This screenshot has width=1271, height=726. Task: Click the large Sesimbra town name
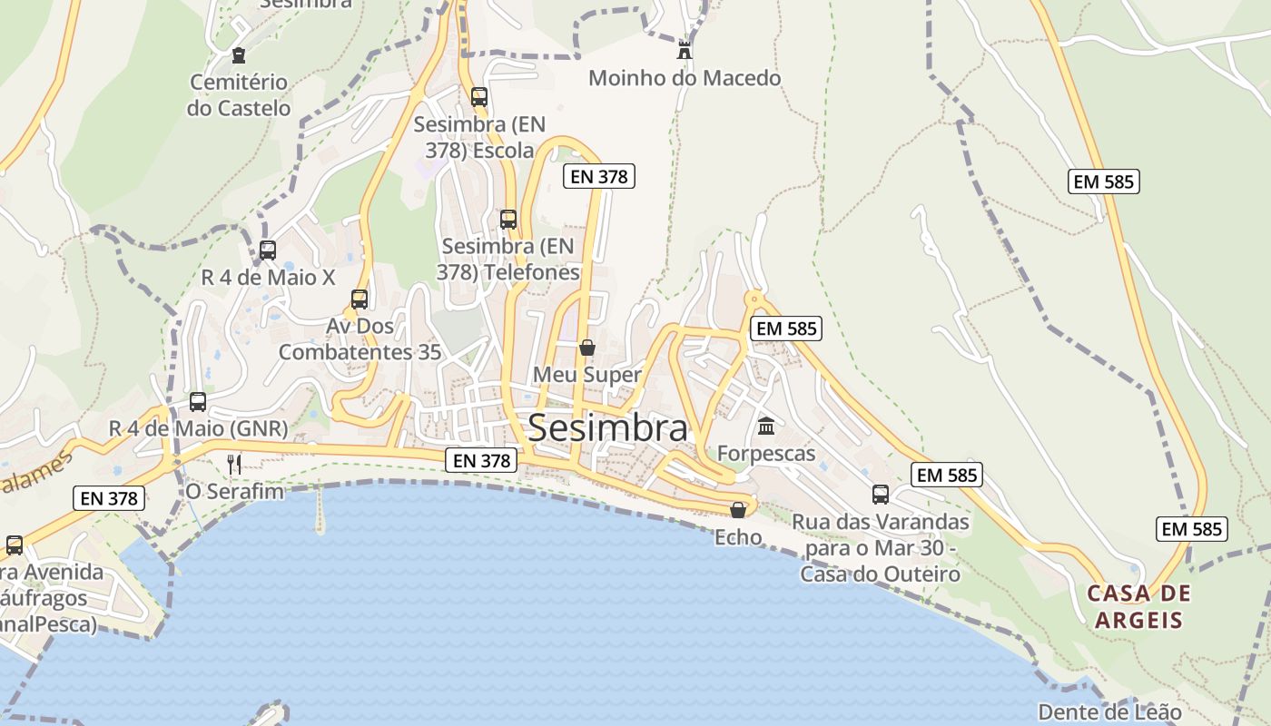pyautogui.click(x=607, y=428)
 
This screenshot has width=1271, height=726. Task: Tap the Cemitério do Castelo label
pyautogui.click(x=239, y=95)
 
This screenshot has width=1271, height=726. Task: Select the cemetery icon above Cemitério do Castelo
pyautogui.click(x=239, y=55)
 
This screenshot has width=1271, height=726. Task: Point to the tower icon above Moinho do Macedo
pyautogui.click(x=685, y=50)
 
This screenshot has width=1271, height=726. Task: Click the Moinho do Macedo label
pyautogui.click(x=685, y=78)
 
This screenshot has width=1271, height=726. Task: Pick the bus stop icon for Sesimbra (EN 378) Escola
pyautogui.click(x=478, y=96)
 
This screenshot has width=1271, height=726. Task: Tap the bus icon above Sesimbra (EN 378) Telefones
pyautogui.click(x=508, y=219)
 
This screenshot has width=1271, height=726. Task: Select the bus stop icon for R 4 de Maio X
pyautogui.click(x=268, y=250)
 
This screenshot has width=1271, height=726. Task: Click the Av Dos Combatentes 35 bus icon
pyautogui.click(x=360, y=299)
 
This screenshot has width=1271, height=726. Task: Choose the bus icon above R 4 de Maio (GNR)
pyautogui.click(x=198, y=401)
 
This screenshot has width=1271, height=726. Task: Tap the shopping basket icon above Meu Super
pyautogui.click(x=587, y=348)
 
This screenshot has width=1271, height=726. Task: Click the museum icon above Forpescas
pyautogui.click(x=766, y=426)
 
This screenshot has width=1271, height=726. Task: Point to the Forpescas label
pyautogui.click(x=766, y=453)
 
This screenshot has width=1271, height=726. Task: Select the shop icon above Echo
pyautogui.click(x=738, y=510)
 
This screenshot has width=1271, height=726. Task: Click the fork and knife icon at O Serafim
pyautogui.click(x=234, y=465)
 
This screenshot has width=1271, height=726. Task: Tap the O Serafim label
pyautogui.click(x=234, y=492)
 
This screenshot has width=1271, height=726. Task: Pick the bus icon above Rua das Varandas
pyautogui.click(x=881, y=495)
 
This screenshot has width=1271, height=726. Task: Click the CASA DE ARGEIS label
pyautogui.click(x=1138, y=607)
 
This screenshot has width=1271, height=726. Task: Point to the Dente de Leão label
pyautogui.click(x=1109, y=712)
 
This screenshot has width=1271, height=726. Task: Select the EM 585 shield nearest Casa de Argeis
pyautogui.click(x=1191, y=529)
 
